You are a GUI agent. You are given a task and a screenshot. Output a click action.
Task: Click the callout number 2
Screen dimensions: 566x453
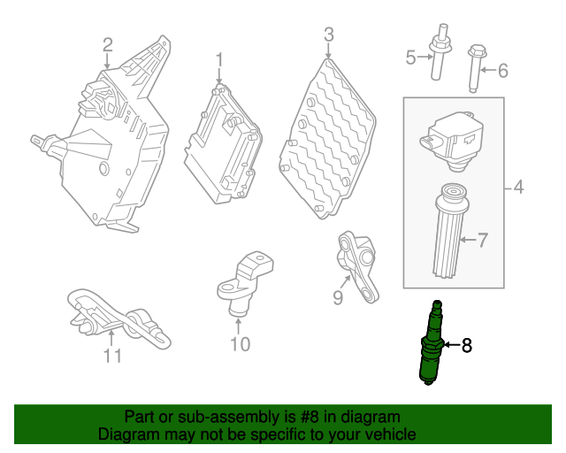[108, 45]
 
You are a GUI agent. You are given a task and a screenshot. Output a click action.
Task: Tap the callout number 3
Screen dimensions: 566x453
[329, 35]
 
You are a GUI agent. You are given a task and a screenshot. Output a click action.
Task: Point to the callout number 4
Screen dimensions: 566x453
[518, 187]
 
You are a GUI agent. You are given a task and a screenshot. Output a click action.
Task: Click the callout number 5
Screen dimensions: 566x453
[410, 58]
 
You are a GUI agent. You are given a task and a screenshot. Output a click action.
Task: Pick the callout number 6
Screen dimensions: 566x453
[503, 71]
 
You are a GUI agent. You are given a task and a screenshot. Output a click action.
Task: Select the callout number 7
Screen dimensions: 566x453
[483, 241]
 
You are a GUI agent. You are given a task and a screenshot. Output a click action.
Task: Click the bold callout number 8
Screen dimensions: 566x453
[467, 346]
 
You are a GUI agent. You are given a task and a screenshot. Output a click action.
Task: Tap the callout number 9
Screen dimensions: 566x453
[338, 298]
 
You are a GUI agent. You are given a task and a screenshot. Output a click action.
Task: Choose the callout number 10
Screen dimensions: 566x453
[240, 344]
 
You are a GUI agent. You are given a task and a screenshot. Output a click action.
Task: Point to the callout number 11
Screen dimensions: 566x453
[112, 356]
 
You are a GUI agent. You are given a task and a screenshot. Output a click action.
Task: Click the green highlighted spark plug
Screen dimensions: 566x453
[432, 342]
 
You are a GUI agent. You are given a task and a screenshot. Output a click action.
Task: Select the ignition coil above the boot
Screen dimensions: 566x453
[452, 142]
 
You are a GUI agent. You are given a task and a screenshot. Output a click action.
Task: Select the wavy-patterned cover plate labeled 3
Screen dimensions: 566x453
[327, 139]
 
